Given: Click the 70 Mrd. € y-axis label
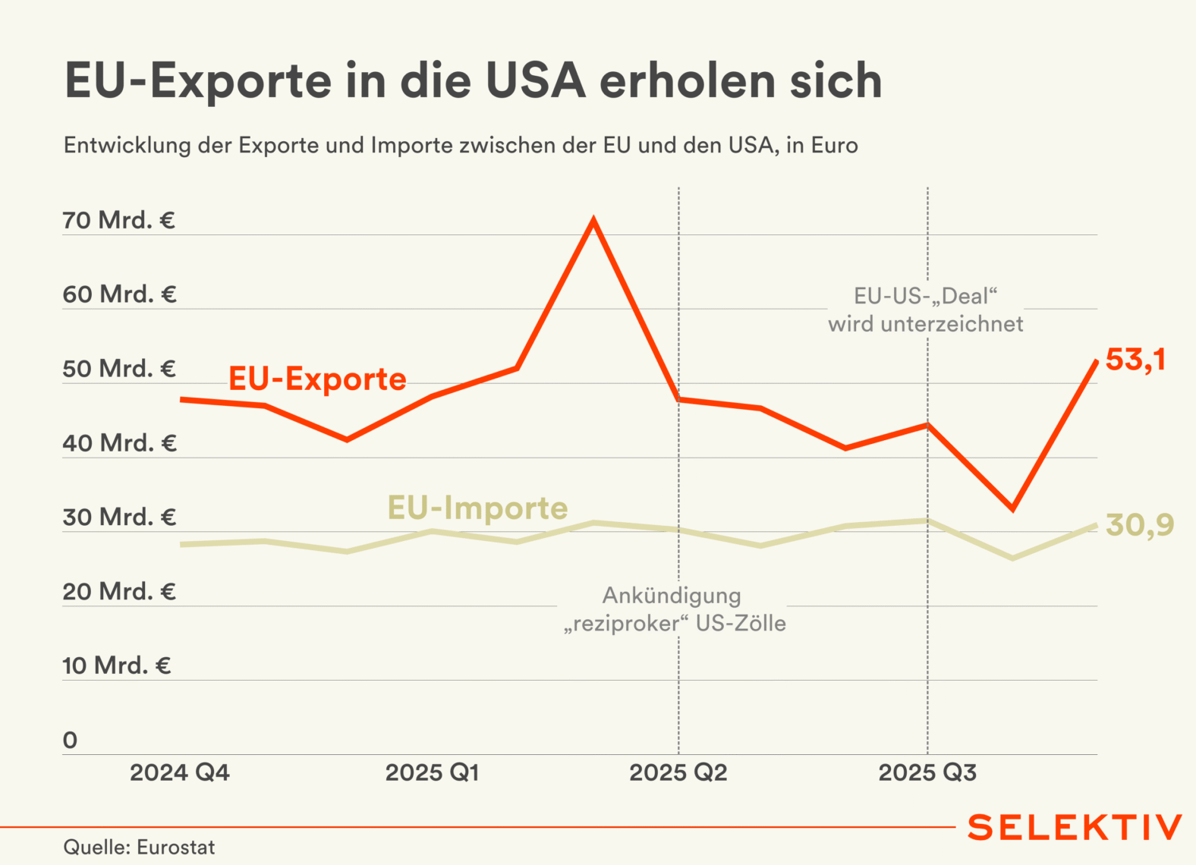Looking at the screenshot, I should pos(118,220).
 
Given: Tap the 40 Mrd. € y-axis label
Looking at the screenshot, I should pos(119,443).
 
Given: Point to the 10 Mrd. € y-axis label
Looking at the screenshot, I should pos(117,665).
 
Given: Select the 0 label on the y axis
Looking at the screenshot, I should pos(70,740).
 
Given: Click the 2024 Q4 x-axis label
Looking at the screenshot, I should pos(179,772).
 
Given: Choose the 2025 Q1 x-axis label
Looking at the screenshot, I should pos(432,772).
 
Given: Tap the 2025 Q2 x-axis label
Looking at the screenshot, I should pos(678,772).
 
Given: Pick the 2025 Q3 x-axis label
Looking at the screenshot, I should pos(927,772).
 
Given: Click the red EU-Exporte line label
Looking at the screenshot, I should pos(317,379).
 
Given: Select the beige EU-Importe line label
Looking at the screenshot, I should pos(477,508).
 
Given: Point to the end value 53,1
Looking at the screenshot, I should pos(1135,360).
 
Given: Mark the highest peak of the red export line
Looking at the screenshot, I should pos(593,221).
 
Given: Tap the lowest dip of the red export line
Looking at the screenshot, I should pos(1012,508).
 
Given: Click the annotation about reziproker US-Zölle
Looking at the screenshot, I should pos(674,609).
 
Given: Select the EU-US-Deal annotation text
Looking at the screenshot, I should pos(925,310).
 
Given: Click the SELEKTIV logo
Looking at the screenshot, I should pos(1075,827).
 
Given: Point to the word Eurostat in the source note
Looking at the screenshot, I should pos(176,847).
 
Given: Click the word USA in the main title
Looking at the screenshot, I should pos(536,80).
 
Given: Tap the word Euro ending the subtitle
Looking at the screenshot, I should pos(834,145).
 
